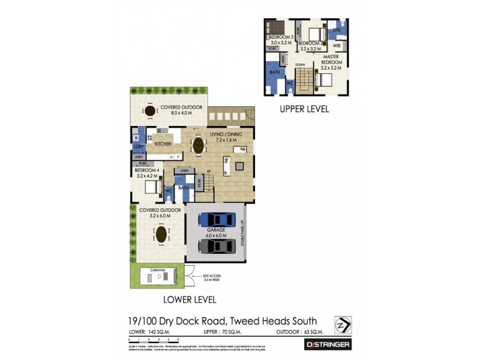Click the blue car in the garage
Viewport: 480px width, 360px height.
point(217,220)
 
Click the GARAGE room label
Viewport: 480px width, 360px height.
point(216,230)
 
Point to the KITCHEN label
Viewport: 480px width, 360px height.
point(163,144)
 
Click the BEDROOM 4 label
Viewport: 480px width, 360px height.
point(146,170)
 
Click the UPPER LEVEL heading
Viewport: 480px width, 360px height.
point(305,110)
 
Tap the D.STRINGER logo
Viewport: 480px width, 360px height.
point(328,344)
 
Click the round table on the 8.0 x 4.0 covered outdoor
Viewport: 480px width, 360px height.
point(149,111)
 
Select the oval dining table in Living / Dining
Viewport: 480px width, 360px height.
point(197,145)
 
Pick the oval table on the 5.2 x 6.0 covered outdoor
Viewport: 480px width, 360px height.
point(161,234)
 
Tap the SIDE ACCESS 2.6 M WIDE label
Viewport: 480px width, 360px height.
point(212,278)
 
